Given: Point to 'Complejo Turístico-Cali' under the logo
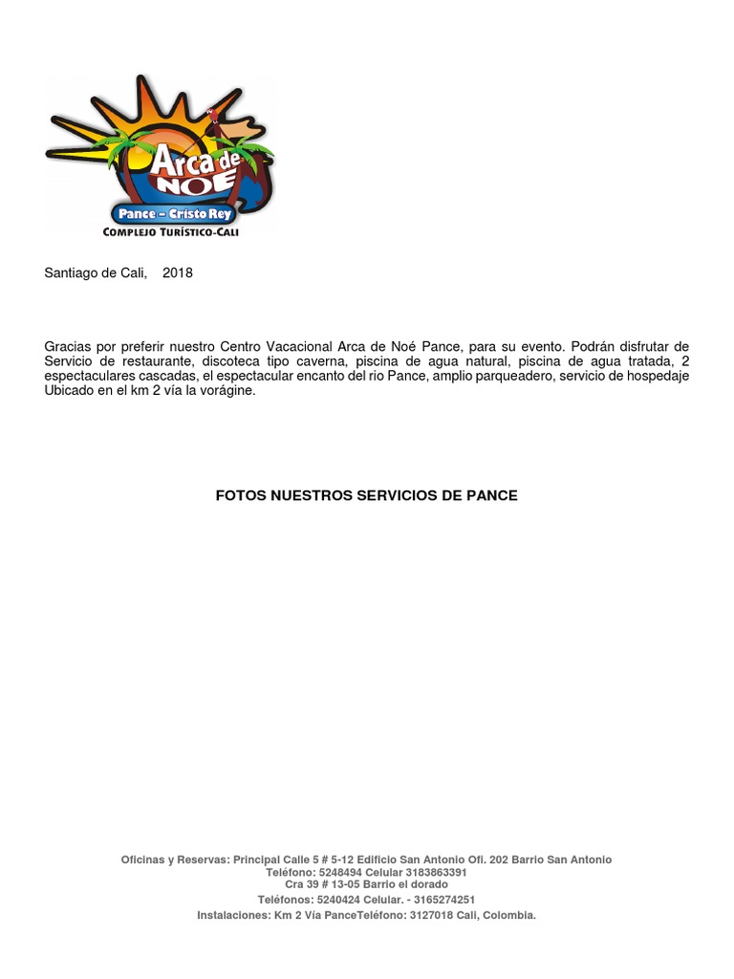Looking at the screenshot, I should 170,232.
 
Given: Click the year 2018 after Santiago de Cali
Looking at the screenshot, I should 178,272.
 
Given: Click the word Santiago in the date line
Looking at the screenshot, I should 71,272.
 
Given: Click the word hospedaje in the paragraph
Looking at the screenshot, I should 658,376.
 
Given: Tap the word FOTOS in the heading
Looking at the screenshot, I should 240,495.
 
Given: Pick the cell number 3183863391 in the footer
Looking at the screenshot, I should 436,873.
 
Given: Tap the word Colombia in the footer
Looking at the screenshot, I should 508,915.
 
